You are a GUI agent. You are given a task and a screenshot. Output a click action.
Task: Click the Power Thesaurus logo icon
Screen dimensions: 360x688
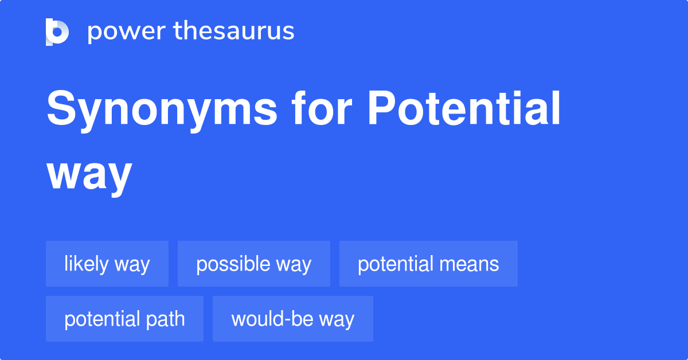pyautogui.click(x=57, y=32)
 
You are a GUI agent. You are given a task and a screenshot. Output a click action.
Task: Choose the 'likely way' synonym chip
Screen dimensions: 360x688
pyautogui.click(x=107, y=264)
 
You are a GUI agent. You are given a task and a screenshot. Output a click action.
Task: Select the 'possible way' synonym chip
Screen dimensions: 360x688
pyautogui.click(x=254, y=264)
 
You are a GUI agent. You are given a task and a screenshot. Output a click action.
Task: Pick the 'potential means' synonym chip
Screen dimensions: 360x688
pyautogui.click(x=428, y=264)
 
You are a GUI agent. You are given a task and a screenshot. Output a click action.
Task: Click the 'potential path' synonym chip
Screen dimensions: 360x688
pyautogui.click(x=124, y=319)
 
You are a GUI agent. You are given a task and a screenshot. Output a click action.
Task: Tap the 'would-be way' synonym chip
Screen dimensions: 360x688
pyautogui.click(x=293, y=319)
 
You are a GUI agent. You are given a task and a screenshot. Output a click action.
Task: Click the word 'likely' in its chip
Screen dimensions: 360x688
pyautogui.click(x=86, y=264)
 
